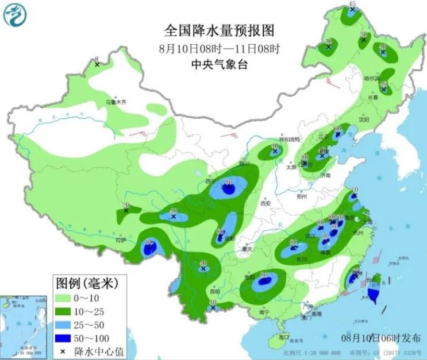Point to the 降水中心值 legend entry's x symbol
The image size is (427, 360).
[x=63, y=351]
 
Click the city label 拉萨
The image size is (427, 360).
[x=121, y=240]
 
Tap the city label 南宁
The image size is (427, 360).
[x=264, y=312]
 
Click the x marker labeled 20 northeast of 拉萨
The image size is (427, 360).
[x=126, y=210]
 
